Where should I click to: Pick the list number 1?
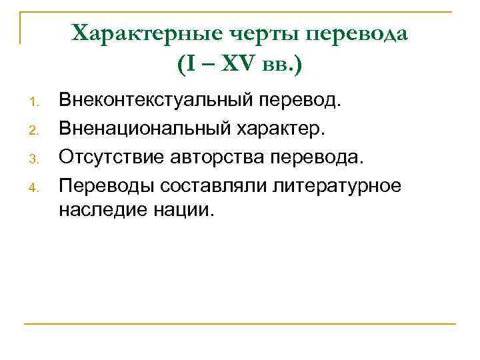[36, 103]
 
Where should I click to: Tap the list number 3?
[36, 157]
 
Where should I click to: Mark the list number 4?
[36, 185]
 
